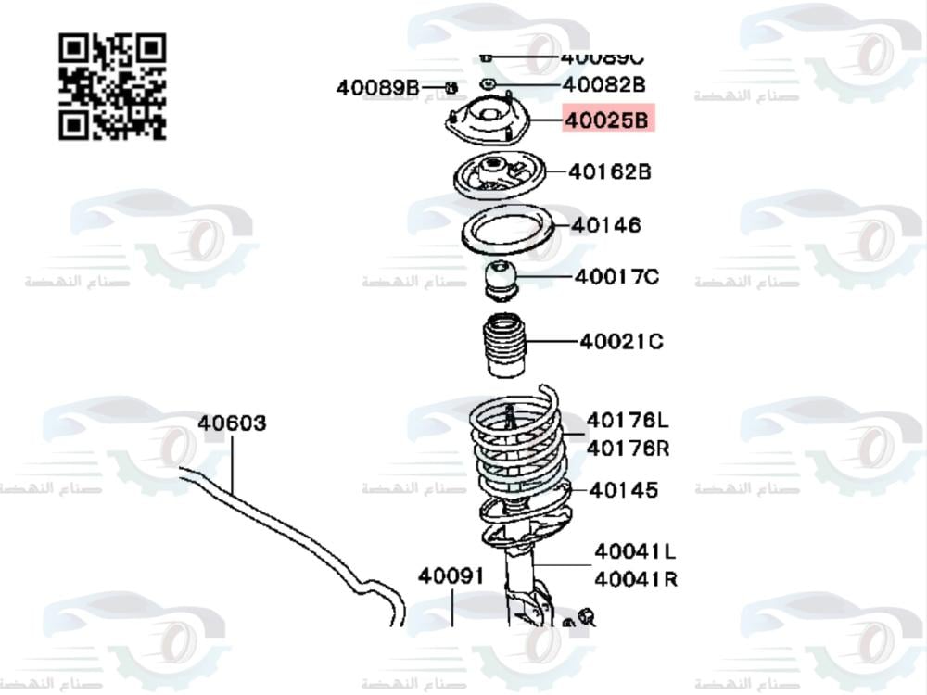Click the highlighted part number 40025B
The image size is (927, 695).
(x=608, y=120)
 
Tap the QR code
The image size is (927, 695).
(x=112, y=86)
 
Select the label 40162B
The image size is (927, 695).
(x=609, y=171)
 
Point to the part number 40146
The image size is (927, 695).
(x=607, y=225)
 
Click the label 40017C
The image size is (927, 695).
(x=616, y=276)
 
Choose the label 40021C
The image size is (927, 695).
(x=621, y=342)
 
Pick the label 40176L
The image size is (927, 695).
(x=628, y=421)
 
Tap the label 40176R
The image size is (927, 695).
(x=628, y=449)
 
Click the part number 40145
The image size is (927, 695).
(x=623, y=489)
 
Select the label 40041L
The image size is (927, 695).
(x=635, y=551)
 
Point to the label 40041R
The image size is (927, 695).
(x=635, y=579)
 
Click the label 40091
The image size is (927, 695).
(x=451, y=575)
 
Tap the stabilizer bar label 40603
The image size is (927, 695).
(x=232, y=423)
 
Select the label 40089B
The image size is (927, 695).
(x=377, y=88)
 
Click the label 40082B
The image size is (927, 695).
(x=603, y=85)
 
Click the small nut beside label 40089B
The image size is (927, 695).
(x=451, y=88)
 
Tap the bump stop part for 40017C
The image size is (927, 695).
(x=501, y=281)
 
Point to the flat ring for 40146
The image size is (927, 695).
(x=507, y=230)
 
